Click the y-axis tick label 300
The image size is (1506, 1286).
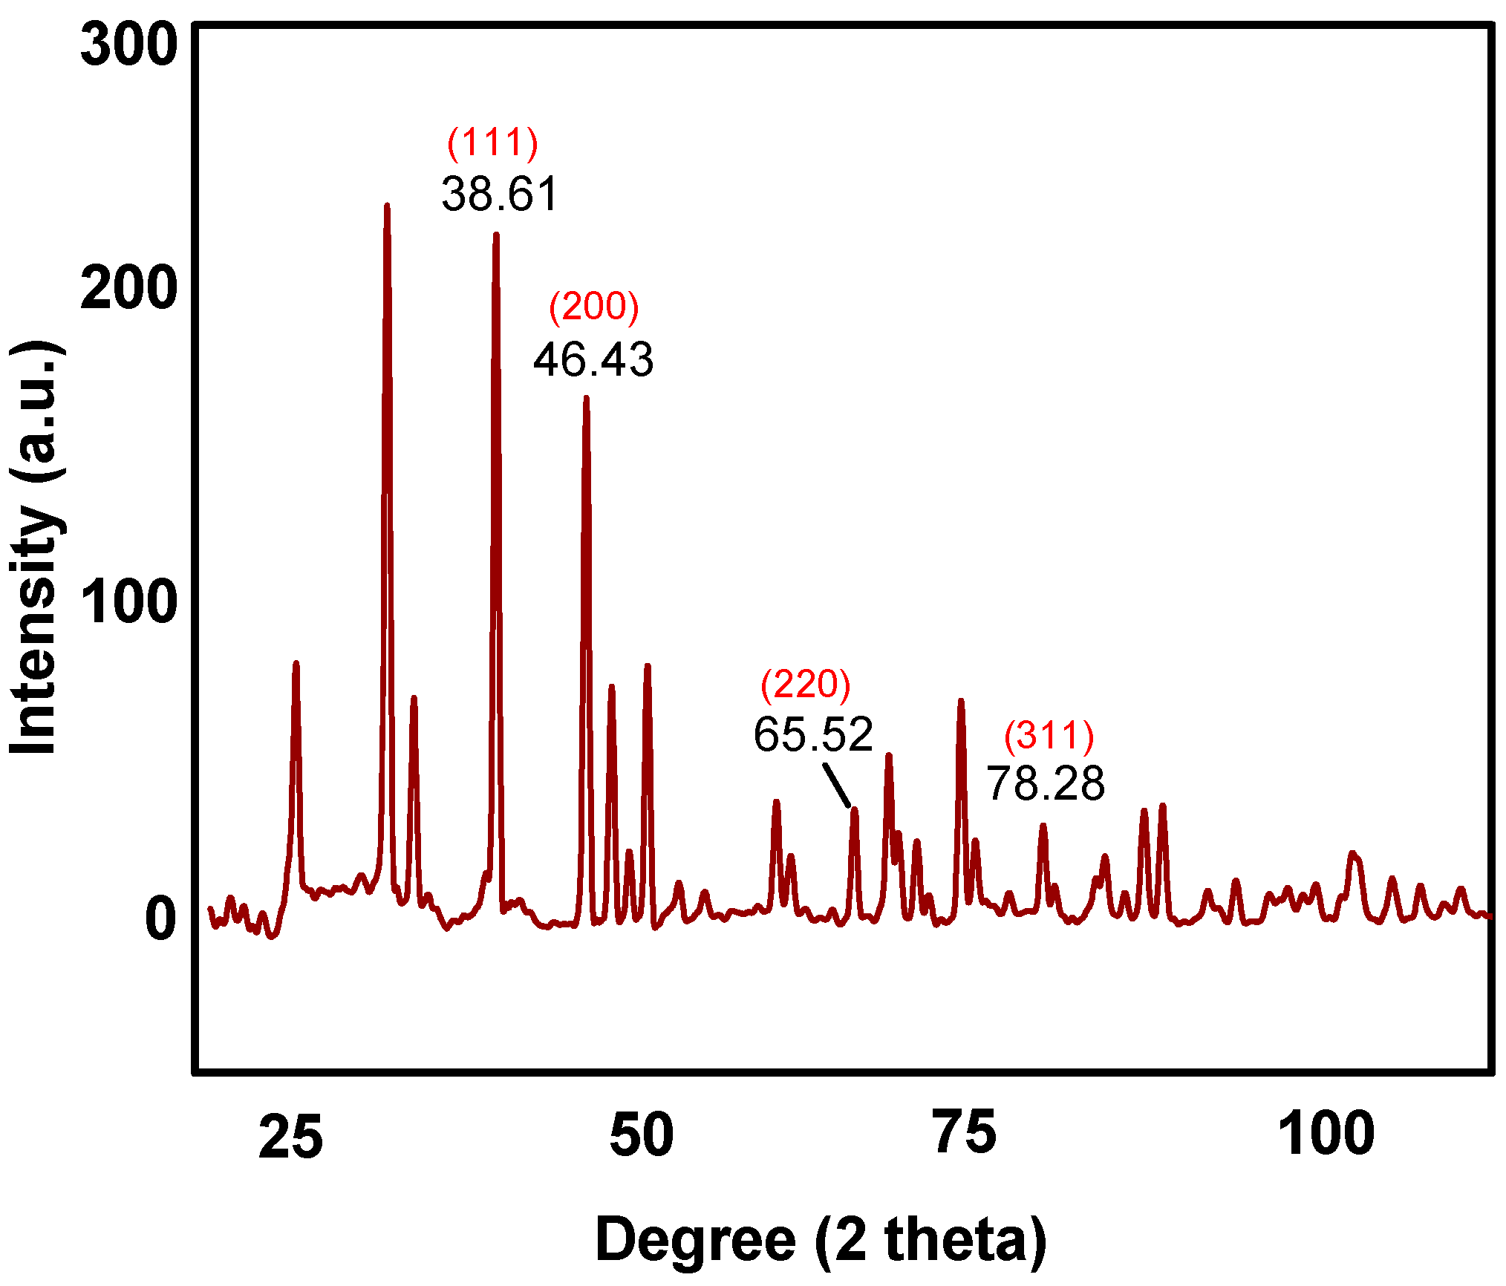128,46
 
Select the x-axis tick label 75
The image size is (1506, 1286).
965,1133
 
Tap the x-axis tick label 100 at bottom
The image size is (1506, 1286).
1326,1134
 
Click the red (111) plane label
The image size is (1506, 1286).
492,143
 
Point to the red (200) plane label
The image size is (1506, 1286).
593,307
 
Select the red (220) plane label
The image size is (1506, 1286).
805,684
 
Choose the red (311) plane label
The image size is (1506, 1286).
1049,736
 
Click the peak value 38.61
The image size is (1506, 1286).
499,194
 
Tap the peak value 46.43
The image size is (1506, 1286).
593,359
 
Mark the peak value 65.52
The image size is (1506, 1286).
813,734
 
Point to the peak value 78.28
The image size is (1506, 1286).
1046,783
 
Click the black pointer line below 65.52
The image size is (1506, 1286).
837,786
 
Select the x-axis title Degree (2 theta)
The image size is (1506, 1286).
821,1239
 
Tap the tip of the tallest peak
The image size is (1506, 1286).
387,206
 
